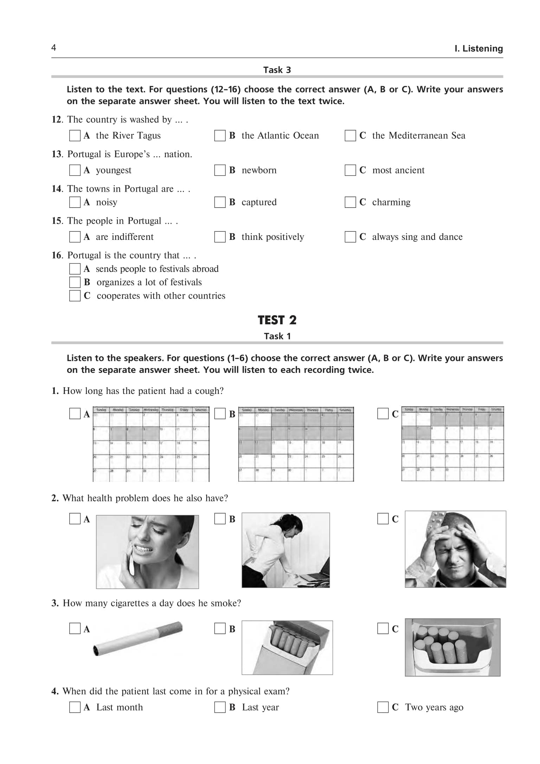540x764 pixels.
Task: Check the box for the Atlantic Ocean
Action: pos(220,135)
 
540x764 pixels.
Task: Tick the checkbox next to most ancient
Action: pos(350,170)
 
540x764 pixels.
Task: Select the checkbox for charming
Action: pos(350,202)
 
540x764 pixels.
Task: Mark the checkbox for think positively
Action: pos(220,237)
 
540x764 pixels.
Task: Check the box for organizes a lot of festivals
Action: pos(75,282)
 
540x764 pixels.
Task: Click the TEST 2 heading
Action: pos(277,320)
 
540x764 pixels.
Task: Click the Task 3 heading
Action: pos(277,70)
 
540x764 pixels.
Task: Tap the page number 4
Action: pos(54,47)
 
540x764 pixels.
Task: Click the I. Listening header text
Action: pos(478,49)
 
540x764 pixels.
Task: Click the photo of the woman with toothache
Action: pos(147,552)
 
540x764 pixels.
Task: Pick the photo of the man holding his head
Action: pos(455,549)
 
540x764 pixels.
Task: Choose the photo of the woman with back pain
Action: pos(285,550)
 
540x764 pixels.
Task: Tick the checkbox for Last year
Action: pos(220,707)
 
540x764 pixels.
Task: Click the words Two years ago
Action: pos(434,707)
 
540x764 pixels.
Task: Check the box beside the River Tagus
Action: pos(75,135)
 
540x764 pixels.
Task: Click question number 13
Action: pos(57,154)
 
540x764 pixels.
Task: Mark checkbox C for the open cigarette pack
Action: pos(382,629)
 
